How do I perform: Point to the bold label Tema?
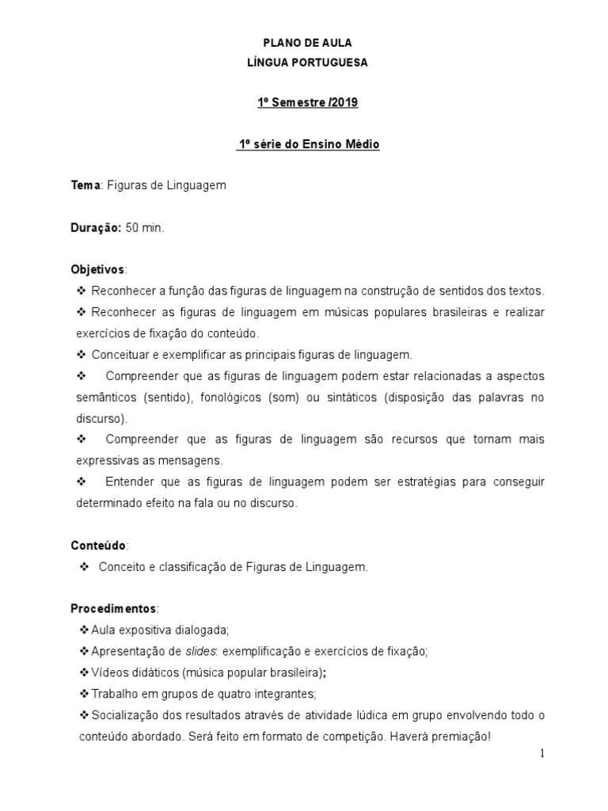pyautogui.click(x=85, y=185)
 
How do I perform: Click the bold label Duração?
pyautogui.click(x=96, y=227)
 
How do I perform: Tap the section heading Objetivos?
pyautogui.click(x=98, y=269)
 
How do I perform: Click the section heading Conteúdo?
pyautogui.click(x=98, y=546)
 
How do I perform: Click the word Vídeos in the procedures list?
pyautogui.click(x=108, y=672)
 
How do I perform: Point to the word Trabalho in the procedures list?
pyautogui.click(x=116, y=694)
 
